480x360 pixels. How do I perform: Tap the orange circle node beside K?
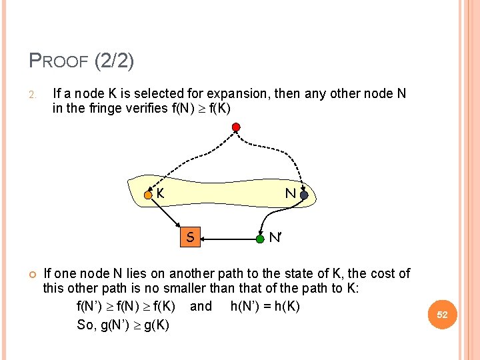149,195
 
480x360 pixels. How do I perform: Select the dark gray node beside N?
304,195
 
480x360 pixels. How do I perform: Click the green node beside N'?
260,237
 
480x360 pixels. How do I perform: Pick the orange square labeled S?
190,236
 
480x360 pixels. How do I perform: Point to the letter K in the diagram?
161,194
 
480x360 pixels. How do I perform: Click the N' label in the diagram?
275,237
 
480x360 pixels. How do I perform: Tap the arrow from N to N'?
283,217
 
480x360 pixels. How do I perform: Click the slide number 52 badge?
443,313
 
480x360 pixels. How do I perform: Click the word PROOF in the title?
59,62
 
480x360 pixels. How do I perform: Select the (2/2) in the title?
114,61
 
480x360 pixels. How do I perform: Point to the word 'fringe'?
105,109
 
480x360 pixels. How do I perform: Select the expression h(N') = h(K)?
265,307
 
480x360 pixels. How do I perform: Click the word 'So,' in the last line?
87,325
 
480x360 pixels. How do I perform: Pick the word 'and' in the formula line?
201,307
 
